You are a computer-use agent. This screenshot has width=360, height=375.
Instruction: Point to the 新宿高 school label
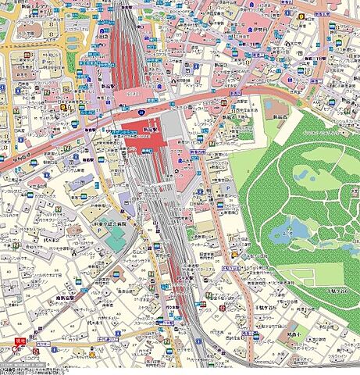pos(281,115)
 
